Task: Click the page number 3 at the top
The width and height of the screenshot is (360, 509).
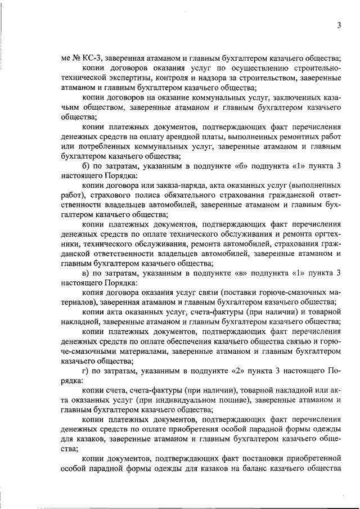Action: [x=339, y=24]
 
